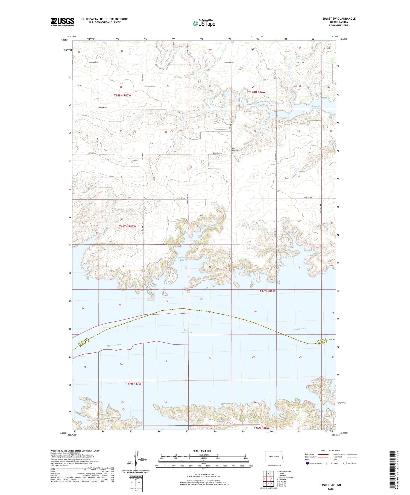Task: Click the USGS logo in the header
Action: (x=62, y=22)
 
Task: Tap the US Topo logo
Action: (x=204, y=23)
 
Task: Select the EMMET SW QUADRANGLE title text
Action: (x=339, y=19)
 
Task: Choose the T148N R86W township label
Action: (x=257, y=92)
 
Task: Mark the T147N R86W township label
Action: (x=266, y=291)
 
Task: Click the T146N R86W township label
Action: (x=260, y=428)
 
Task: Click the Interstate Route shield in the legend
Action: (x=308, y=463)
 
